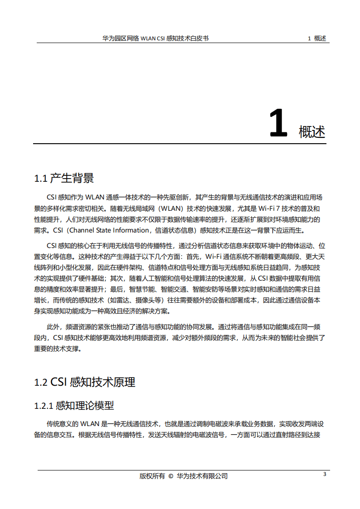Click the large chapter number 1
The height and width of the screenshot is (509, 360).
pyautogui.click(x=278, y=124)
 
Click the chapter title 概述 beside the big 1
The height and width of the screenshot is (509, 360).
pyautogui.click(x=312, y=132)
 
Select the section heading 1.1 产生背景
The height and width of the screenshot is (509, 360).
pyautogui.click(x=64, y=178)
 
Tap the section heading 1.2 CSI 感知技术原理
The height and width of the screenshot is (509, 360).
pyautogui.click(x=85, y=382)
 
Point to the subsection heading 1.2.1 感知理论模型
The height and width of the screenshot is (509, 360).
pyautogui.click(x=74, y=405)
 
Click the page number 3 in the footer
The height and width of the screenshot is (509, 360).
pyautogui.click(x=324, y=475)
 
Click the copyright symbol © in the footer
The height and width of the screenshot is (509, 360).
pyautogui.click(x=170, y=476)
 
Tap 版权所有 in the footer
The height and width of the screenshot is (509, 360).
pyautogui.click(x=152, y=476)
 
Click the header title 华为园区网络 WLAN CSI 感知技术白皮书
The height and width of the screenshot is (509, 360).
pyautogui.click(x=156, y=39)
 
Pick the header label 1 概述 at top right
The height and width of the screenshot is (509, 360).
pyautogui.click(x=317, y=39)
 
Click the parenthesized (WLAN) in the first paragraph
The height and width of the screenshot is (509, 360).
pyautogui.click(x=170, y=208)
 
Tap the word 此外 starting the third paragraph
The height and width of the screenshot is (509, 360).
pyautogui.click(x=54, y=327)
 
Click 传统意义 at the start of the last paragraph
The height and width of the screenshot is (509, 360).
pyautogui.click(x=60, y=424)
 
